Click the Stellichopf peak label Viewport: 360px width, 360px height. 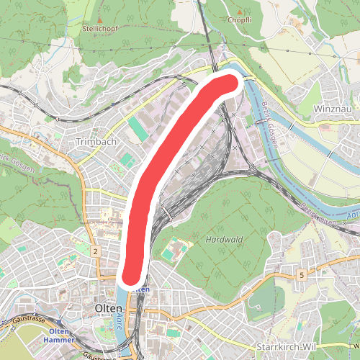coord(99,30)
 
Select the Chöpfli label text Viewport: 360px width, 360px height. coord(240,19)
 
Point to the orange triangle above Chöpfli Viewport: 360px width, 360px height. coord(240,10)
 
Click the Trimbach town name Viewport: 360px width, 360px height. coord(96,143)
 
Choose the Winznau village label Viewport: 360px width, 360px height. coord(333,109)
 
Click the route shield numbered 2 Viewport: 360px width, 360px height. coord(95,251)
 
